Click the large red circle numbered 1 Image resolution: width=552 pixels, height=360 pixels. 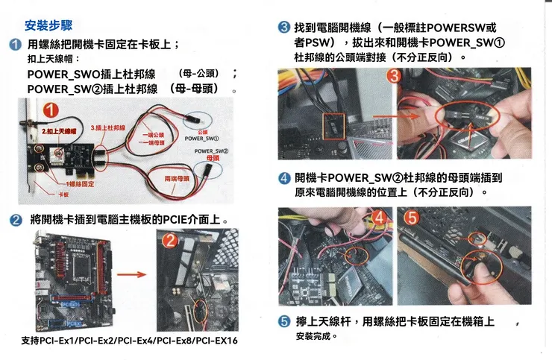click(51, 110)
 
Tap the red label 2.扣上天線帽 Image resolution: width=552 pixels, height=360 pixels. click(57, 131)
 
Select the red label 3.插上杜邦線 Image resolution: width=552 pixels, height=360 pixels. click(107, 128)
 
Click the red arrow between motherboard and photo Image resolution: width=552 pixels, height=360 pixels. click(131, 274)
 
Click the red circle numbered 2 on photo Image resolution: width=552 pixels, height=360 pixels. click(170, 240)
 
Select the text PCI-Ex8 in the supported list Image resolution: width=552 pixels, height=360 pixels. click(175, 341)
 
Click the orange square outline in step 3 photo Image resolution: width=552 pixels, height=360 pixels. click(332, 127)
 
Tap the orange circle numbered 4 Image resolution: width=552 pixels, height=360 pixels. click(379, 218)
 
